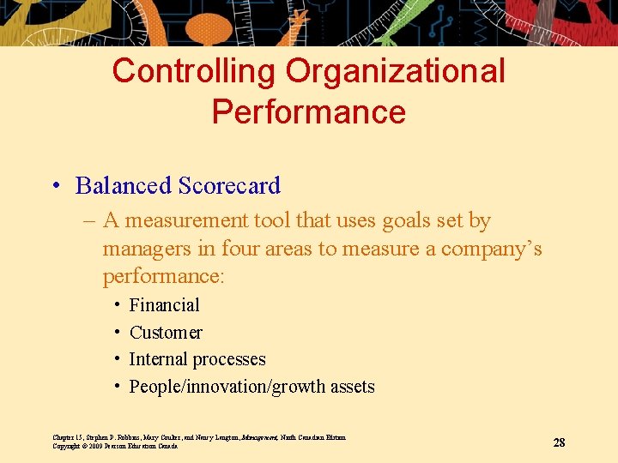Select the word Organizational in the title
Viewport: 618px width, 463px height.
(x=396, y=71)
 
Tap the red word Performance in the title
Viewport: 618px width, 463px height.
(x=309, y=112)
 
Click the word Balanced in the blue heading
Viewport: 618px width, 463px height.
(x=123, y=186)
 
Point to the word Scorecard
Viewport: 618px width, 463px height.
(x=228, y=186)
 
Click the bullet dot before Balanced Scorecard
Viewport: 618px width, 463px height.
(x=57, y=187)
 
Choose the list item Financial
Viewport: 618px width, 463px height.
(x=164, y=305)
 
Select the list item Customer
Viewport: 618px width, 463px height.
(x=166, y=333)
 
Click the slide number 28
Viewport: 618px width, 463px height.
(x=559, y=442)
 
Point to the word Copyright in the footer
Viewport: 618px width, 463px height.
(x=66, y=446)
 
